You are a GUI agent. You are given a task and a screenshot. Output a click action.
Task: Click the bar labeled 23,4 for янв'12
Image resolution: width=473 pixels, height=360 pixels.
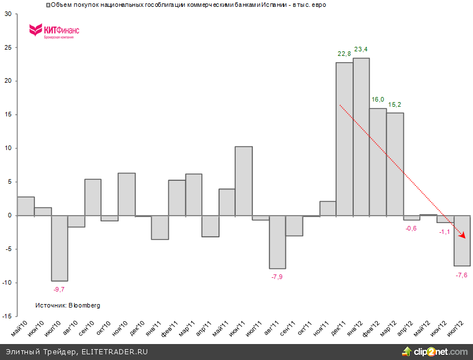(361, 137)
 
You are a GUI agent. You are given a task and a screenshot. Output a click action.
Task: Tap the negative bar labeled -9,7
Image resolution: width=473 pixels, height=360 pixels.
(59, 248)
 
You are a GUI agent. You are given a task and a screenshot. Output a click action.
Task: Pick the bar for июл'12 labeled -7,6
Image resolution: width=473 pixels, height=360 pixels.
(462, 241)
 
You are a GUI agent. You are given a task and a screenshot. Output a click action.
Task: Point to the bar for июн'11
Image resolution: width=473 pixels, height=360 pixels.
(244, 181)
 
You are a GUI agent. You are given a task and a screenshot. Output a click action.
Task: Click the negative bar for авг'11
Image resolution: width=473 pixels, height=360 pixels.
(277, 242)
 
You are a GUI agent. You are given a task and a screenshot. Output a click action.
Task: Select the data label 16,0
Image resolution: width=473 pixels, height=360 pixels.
(378, 99)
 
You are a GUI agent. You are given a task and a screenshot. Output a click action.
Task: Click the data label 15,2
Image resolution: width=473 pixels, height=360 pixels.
(395, 104)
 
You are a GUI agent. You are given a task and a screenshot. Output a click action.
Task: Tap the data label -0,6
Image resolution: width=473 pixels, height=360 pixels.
(411, 228)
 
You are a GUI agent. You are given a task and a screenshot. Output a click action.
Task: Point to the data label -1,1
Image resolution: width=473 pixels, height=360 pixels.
(444, 232)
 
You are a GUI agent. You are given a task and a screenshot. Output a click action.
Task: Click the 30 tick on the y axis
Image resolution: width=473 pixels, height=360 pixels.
(8, 14)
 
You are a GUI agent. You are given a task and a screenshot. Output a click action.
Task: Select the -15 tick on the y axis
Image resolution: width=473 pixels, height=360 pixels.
(7, 316)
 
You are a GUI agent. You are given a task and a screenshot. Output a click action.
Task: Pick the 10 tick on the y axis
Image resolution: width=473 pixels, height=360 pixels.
(8, 148)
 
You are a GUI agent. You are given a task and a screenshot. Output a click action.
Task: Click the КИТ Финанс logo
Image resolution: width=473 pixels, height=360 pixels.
(54, 31)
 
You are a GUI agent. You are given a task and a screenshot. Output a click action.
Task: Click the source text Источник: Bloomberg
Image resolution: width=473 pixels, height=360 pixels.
(68, 306)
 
